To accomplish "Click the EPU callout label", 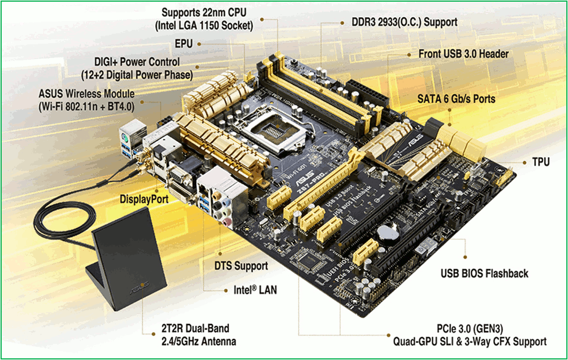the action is pos(183,44).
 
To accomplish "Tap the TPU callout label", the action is pos(540,162).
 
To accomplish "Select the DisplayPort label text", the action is pos(144,199).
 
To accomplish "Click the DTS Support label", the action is pos(241,266).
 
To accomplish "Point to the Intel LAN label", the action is pos(255,290).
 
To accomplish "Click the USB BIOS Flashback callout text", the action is pos(484,274).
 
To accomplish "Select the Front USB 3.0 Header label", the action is pos(463,54).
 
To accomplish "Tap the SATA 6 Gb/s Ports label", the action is pos(456,99).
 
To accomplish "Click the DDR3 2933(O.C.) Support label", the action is pos(405,22).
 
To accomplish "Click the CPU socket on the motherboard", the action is pos(275,129).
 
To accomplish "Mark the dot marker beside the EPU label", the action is pos(199,44).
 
